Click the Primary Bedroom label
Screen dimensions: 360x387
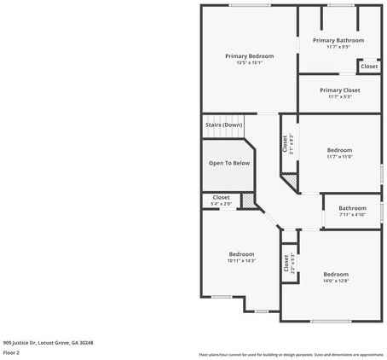[x=249, y=56]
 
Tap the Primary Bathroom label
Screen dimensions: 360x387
[x=338, y=40]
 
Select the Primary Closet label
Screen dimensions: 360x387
[x=339, y=90]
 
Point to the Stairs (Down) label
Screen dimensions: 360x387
[x=223, y=125]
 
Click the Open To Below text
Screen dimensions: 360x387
[x=229, y=163]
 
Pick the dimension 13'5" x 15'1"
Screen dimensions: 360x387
[x=249, y=62]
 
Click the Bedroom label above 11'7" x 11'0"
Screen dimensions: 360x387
[x=339, y=150]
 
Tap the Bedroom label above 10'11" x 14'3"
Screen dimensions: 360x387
[x=241, y=254]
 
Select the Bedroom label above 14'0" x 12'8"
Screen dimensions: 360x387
[x=336, y=274]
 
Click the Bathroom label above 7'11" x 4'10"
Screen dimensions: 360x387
[x=352, y=208]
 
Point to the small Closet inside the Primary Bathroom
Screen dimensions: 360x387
[x=368, y=66]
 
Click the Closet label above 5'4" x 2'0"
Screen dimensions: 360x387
[x=221, y=198]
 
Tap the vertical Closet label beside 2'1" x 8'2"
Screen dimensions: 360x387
[x=284, y=144]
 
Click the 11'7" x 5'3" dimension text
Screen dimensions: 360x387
[x=339, y=96]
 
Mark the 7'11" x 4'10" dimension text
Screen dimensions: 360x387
[x=352, y=214]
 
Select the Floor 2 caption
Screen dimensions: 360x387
[x=11, y=351]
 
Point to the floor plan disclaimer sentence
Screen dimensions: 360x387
[x=291, y=354]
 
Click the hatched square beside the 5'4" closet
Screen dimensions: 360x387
[x=248, y=200]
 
